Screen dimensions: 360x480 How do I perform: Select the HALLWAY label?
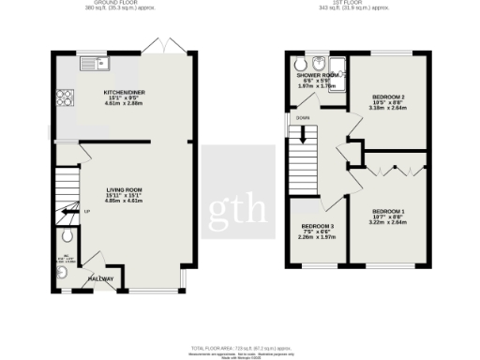coord(100,278)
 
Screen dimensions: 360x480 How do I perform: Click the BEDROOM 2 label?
coord(388,97)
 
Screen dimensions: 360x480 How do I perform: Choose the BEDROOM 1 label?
coord(388,212)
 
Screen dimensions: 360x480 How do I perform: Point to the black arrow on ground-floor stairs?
coord(68,212)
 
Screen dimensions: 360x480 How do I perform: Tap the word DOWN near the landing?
coord(302,118)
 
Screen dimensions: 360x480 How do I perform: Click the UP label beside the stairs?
coord(87,211)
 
